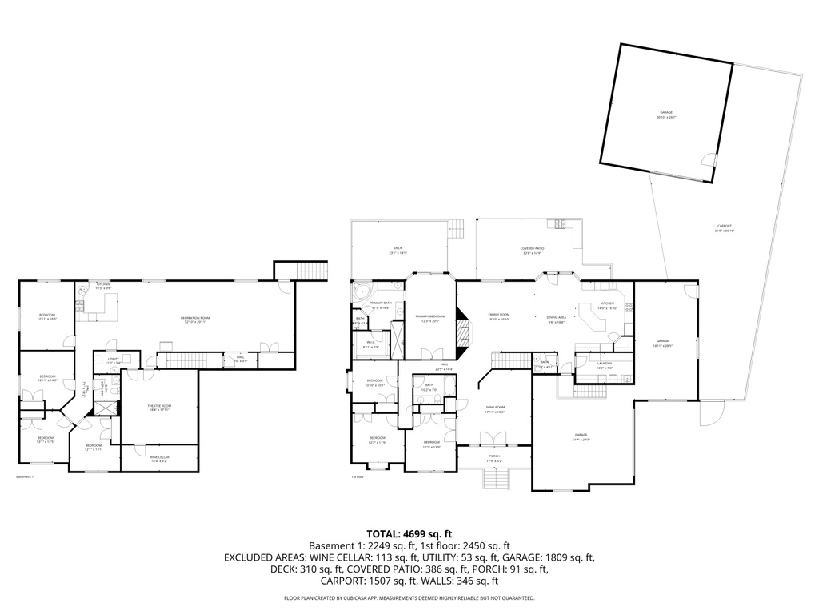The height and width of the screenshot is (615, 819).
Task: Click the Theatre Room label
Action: (159, 408)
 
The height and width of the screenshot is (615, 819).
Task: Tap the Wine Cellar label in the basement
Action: (159, 459)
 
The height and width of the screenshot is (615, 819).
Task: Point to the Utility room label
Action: (113, 360)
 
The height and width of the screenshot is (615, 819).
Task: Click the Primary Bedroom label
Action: (430, 318)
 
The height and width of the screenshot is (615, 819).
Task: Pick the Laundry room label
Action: (604, 365)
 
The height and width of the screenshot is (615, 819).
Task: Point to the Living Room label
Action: (494, 409)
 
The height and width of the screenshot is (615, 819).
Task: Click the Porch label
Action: (494, 459)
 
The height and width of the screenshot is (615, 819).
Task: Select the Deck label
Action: (398, 251)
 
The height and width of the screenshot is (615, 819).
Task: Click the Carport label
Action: (724, 228)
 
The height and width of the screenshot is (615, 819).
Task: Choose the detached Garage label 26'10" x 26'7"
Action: (666, 115)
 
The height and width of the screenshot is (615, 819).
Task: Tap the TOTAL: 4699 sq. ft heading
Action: (409, 533)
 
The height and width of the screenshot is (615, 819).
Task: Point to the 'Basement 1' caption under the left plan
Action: (25, 477)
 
